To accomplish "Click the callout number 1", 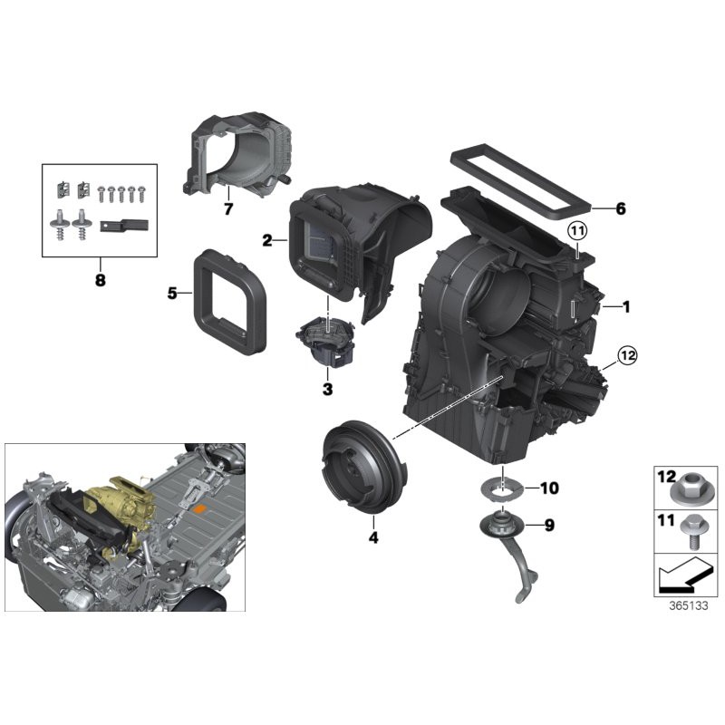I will pos(625,307).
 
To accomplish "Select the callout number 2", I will pos(267,240).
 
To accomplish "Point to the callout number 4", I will pos(372,537).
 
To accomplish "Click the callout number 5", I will pos(171,294).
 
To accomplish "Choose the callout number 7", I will pos(228,209).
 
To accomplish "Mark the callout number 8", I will pos(100,280).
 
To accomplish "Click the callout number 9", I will pos(549,525).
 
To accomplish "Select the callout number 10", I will pos(549,488).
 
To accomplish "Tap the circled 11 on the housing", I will pos(577,231).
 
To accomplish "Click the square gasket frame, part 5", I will pos(231,300).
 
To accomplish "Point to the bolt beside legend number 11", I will pos(691,532).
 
